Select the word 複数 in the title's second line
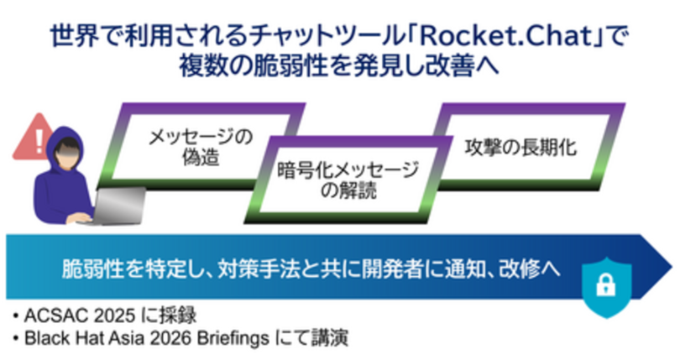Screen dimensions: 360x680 195,65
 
